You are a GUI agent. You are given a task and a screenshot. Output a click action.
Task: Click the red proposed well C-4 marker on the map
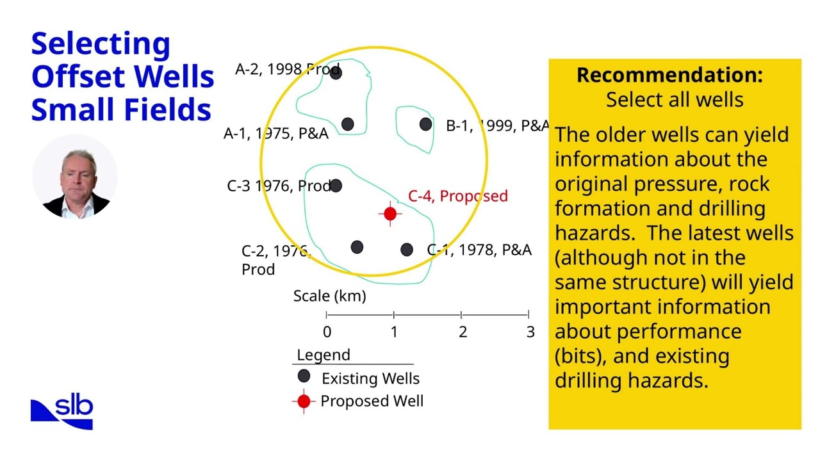coord(390,214)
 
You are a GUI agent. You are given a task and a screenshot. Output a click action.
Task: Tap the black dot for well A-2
coord(336,72)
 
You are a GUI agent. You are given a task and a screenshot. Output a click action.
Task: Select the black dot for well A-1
coord(347,124)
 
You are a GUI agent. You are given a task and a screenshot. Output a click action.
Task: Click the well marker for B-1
coord(425,124)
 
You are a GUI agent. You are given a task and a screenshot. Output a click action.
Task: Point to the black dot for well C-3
coord(336,186)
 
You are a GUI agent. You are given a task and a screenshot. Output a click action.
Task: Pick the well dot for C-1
coord(407,250)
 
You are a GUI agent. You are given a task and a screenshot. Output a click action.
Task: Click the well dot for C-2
coord(357,247)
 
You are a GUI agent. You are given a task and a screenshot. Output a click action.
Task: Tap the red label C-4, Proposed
coord(457,196)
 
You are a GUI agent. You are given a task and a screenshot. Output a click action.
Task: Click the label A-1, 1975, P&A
coord(275,133)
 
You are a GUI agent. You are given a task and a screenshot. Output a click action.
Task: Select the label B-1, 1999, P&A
coord(497,125)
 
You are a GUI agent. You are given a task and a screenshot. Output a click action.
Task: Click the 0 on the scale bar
coord(327,332)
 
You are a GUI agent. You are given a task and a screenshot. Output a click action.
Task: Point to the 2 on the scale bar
coord(462,332)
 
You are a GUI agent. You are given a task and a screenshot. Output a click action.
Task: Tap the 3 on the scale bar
coord(530,332)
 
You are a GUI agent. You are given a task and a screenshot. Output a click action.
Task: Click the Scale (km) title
coord(329,296)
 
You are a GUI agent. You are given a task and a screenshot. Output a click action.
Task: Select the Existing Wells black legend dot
coord(304,376)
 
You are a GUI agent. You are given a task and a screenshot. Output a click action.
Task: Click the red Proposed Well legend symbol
coord(304,401)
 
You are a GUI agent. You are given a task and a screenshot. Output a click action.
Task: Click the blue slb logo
coord(62,412)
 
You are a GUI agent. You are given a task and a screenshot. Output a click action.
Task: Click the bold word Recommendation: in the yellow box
coord(669,75)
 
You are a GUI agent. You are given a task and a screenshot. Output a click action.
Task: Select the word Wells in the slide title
coord(174,76)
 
